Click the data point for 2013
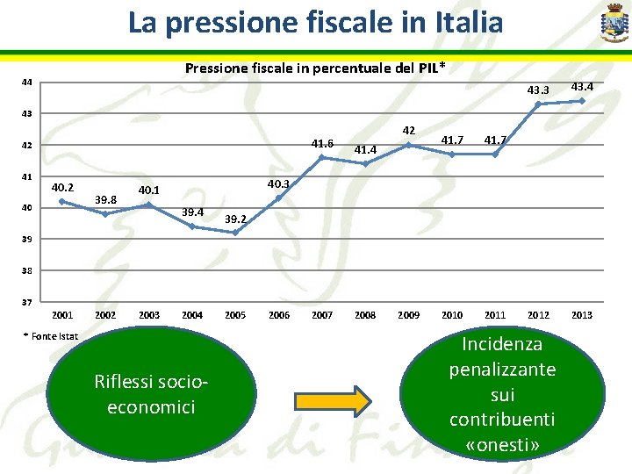point(581,101)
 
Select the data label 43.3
point(537,90)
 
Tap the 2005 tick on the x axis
point(235,315)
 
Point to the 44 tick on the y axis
point(27,83)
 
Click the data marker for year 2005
point(235,233)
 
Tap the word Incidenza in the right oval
point(502,344)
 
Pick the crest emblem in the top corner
point(613,23)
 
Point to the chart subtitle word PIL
point(427,68)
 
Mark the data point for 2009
point(408,145)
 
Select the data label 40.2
point(62,187)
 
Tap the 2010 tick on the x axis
point(451,315)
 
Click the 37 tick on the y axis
point(27,303)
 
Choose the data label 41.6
point(322,143)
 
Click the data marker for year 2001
point(62,201)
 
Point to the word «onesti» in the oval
point(502,445)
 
